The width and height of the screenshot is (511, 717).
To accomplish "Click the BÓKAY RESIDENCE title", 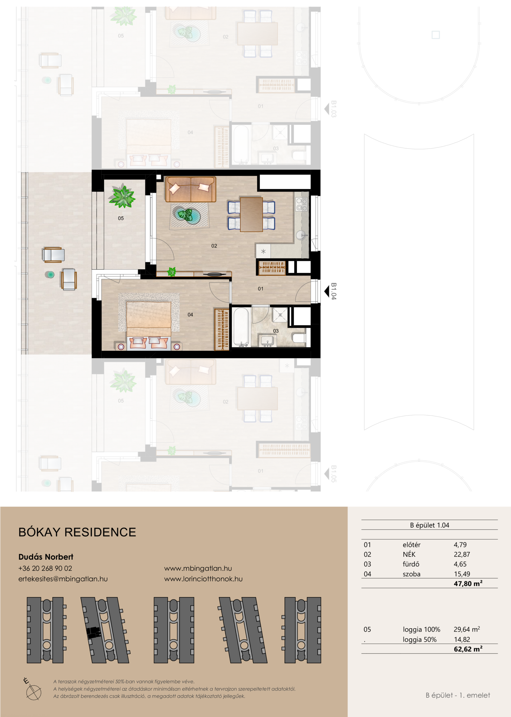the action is click(77, 532).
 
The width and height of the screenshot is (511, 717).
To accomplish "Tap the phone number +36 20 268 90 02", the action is click(45, 568).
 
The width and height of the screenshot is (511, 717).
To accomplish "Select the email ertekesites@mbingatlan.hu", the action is click(63, 579).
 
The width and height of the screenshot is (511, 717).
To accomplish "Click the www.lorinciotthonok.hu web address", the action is click(203, 579).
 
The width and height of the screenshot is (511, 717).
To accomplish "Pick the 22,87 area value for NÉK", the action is click(462, 555).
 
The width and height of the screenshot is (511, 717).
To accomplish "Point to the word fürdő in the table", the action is click(411, 564).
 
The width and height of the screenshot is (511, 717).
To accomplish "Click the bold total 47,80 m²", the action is click(468, 584).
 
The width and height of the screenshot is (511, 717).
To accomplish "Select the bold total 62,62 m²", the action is click(468, 649).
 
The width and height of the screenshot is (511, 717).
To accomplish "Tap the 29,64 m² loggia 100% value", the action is click(467, 629).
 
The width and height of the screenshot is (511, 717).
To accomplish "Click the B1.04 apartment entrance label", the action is click(334, 291).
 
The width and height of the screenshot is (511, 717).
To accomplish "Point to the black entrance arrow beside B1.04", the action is click(327, 291).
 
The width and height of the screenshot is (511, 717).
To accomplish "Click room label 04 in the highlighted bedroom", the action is click(191, 315).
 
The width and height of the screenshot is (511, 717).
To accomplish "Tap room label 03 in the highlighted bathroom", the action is click(276, 331).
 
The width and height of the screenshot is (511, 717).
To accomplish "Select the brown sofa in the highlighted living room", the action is click(191, 189).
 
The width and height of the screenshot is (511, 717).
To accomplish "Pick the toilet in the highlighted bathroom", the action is click(299, 338).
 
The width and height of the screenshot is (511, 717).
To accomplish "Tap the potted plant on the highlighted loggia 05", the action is click(122, 197).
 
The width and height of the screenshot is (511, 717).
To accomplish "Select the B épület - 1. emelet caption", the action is click(458, 695).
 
